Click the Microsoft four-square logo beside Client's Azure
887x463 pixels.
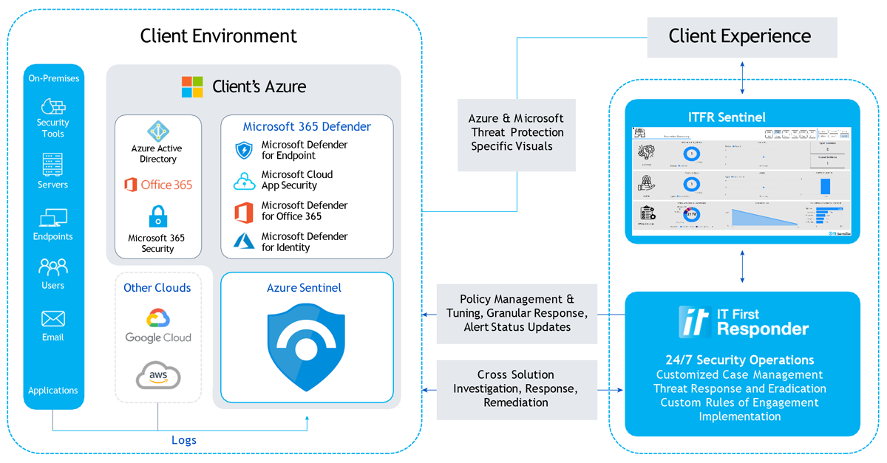coord(192,86)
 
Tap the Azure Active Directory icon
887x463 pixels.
coord(158,131)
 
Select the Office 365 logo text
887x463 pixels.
coord(158,185)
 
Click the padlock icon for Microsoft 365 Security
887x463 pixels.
coord(158,217)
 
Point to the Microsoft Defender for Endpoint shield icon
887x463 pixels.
coord(244,151)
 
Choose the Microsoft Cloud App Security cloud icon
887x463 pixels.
coord(244,181)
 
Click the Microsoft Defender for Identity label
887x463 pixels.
coord(304,242)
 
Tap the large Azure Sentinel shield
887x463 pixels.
coord(306,348)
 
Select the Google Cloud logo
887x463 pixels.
coord(158,326)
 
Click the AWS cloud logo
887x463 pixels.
coord(158,376)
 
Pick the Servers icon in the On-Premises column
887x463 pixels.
coord(53,164)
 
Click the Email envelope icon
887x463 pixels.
coord(53,319)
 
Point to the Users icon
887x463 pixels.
coord(53,267)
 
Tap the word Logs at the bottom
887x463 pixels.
coord(184,440)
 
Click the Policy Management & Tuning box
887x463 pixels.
coord(517,313)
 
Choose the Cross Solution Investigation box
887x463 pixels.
coord(517,389)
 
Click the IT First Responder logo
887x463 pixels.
coord(743,322)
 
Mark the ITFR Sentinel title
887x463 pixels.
coord(742,117)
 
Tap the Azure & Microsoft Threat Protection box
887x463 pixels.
coord(517,133)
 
